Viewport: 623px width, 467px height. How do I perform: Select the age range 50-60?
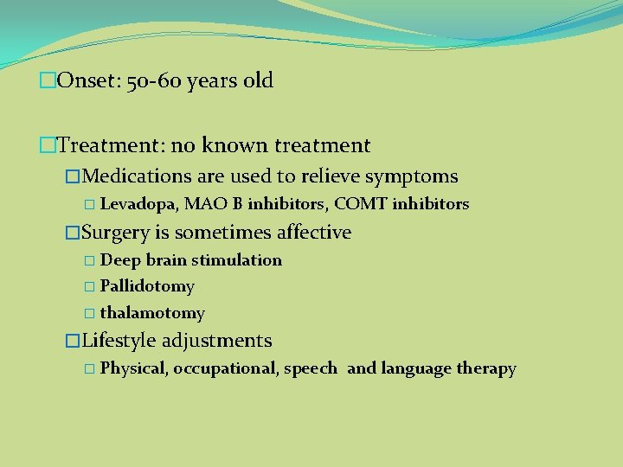pyautogui.click(x=152, y=81)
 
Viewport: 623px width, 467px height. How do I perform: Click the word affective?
pyautogui.click(x=312, y=232)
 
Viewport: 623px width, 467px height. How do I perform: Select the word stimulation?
pyautogui.click(x=236, y=260)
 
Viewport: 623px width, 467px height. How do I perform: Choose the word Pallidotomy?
pyautogui.click(x=147, y=286)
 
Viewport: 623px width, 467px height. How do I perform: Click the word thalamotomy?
pyautogui.click(x=152, y=313)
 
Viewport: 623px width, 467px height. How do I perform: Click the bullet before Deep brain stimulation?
pyautogui.click(x=91, y=260)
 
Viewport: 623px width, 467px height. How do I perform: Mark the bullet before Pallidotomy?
pyautogui.click(x=91, y=286)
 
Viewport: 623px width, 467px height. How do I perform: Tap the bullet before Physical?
pyautogui.click(x=91, y=369)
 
